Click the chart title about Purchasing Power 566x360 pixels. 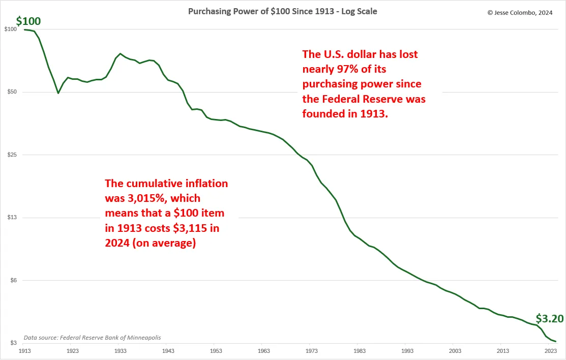282,11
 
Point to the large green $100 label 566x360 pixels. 28,21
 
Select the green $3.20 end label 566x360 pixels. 550,319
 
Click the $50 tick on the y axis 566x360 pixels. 11,92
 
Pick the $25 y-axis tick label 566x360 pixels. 11,155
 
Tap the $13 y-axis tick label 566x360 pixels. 11,218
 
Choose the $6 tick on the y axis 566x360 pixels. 12,281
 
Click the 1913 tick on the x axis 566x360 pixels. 24,351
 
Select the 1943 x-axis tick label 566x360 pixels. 168,351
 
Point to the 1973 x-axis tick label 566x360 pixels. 312,351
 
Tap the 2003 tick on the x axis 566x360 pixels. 455,351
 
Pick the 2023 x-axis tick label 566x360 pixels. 551,351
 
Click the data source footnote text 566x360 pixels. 93,337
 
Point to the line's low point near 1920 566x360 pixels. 58,93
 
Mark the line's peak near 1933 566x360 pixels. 120,53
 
